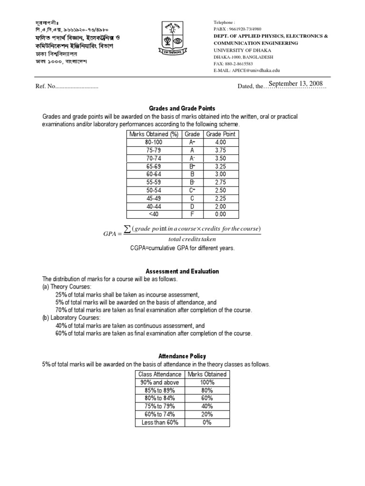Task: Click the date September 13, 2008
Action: coord(296,84)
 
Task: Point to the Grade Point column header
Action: coord(220,134)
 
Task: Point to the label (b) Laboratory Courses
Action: coord(71,318)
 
